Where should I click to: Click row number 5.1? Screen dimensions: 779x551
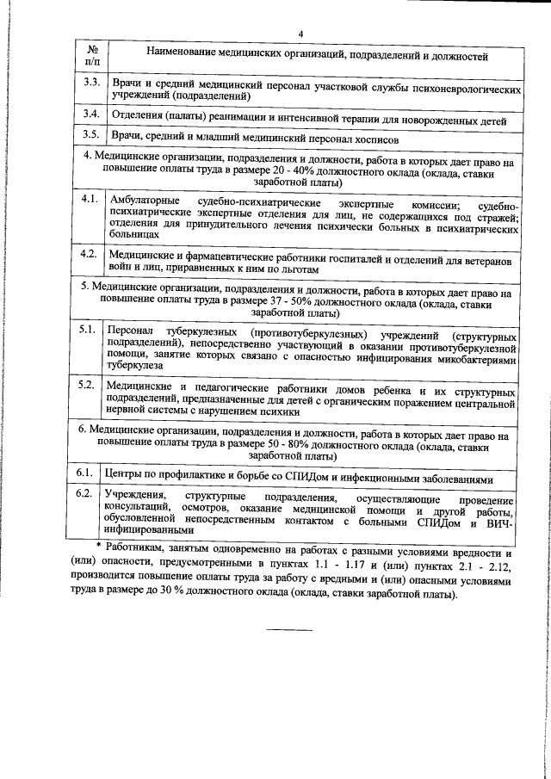point(86,330)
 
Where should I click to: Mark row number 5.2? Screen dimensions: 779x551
point(86,383)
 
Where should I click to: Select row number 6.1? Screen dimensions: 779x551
point(85,473)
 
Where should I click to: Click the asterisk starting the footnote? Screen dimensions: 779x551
point(98,547)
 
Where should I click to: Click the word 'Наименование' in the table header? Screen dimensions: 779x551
point(189,57)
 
